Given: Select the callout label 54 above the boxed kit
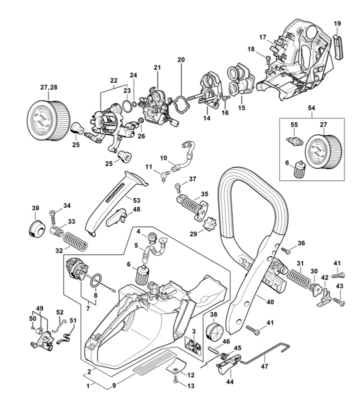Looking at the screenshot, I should point(311,108).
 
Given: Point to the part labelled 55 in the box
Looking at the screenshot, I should point(293,141).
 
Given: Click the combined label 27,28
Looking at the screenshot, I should point(48,88).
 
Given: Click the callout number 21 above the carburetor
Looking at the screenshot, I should point(157,67).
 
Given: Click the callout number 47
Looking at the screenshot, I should point(264,366).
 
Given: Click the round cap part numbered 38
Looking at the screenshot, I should point(213,332).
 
